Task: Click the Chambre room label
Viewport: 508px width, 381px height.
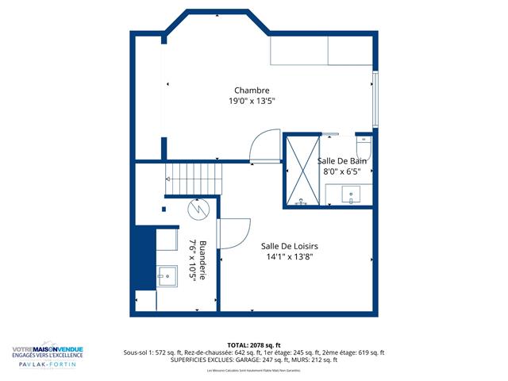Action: [x=252, y=90]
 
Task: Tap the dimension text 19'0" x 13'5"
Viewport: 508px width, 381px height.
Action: [x=252, y=102]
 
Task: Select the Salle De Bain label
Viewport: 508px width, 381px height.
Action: [x=340, y=160]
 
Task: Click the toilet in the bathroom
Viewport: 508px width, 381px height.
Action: [x=363, y=148]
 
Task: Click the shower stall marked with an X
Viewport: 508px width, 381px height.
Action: [x=302, y=170]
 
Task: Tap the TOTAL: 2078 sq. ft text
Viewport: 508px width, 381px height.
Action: [x=254, y=345]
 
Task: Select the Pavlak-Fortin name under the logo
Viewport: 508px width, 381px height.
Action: [x=47, y=364]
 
